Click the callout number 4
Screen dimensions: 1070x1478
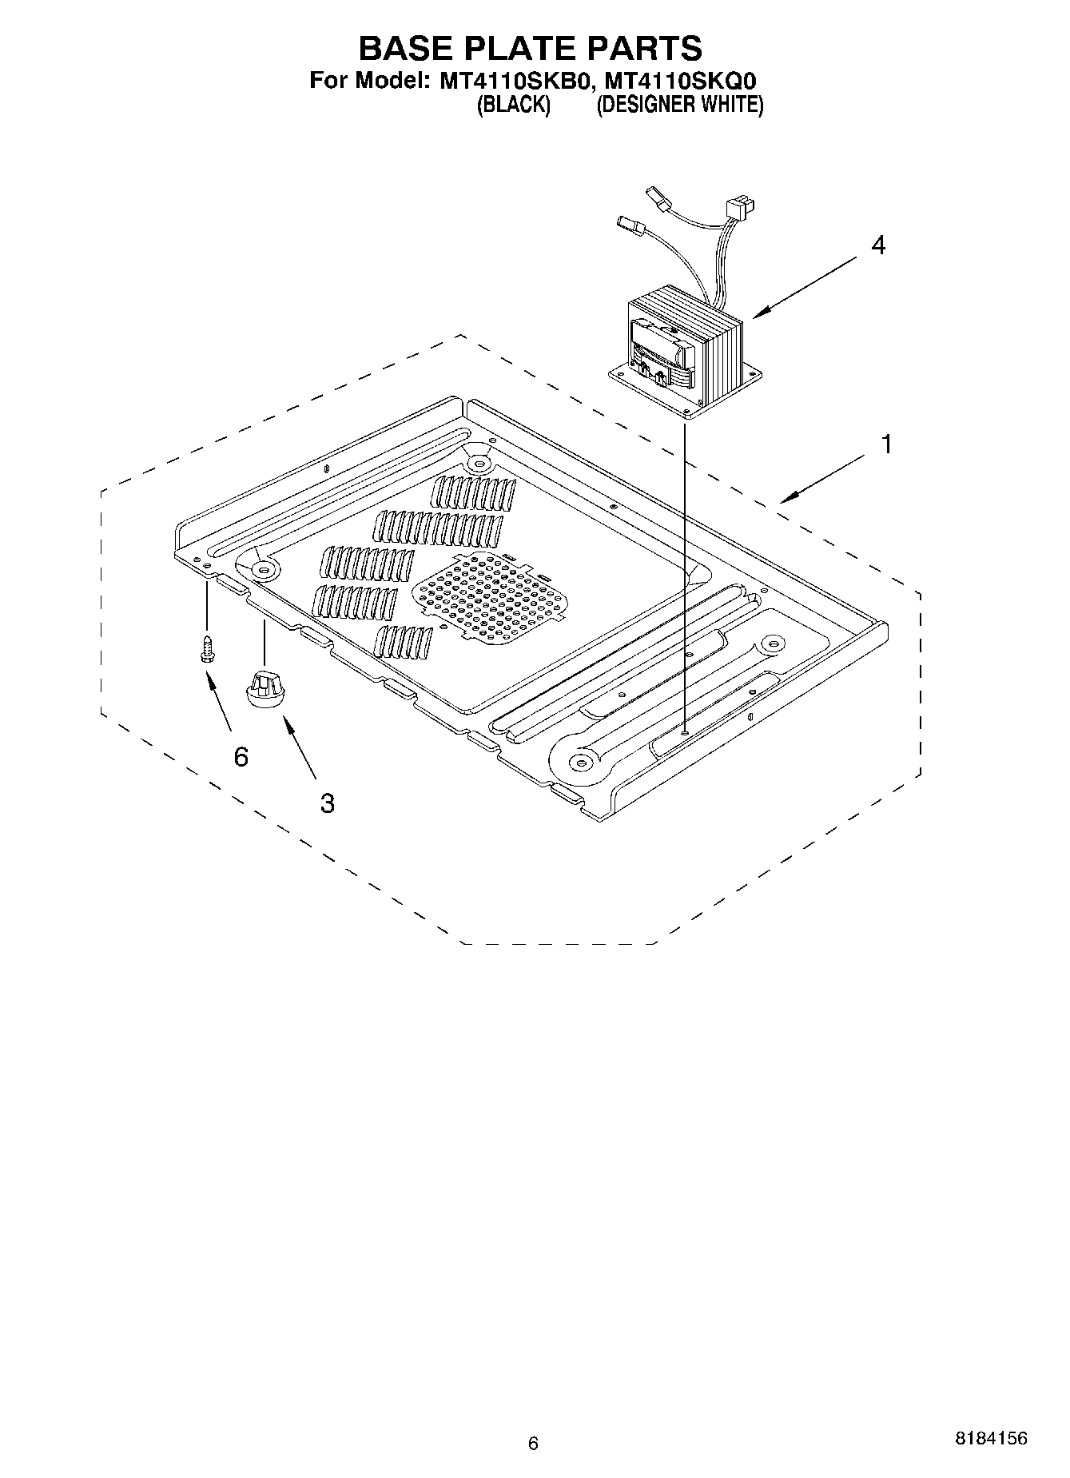point(877,245)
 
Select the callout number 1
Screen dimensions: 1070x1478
point(885,444)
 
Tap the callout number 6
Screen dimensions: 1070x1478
point(241,755)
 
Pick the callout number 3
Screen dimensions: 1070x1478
point(327,803)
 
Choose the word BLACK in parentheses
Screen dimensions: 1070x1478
point(513,105)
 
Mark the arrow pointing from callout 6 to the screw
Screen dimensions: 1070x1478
point(218,700)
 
